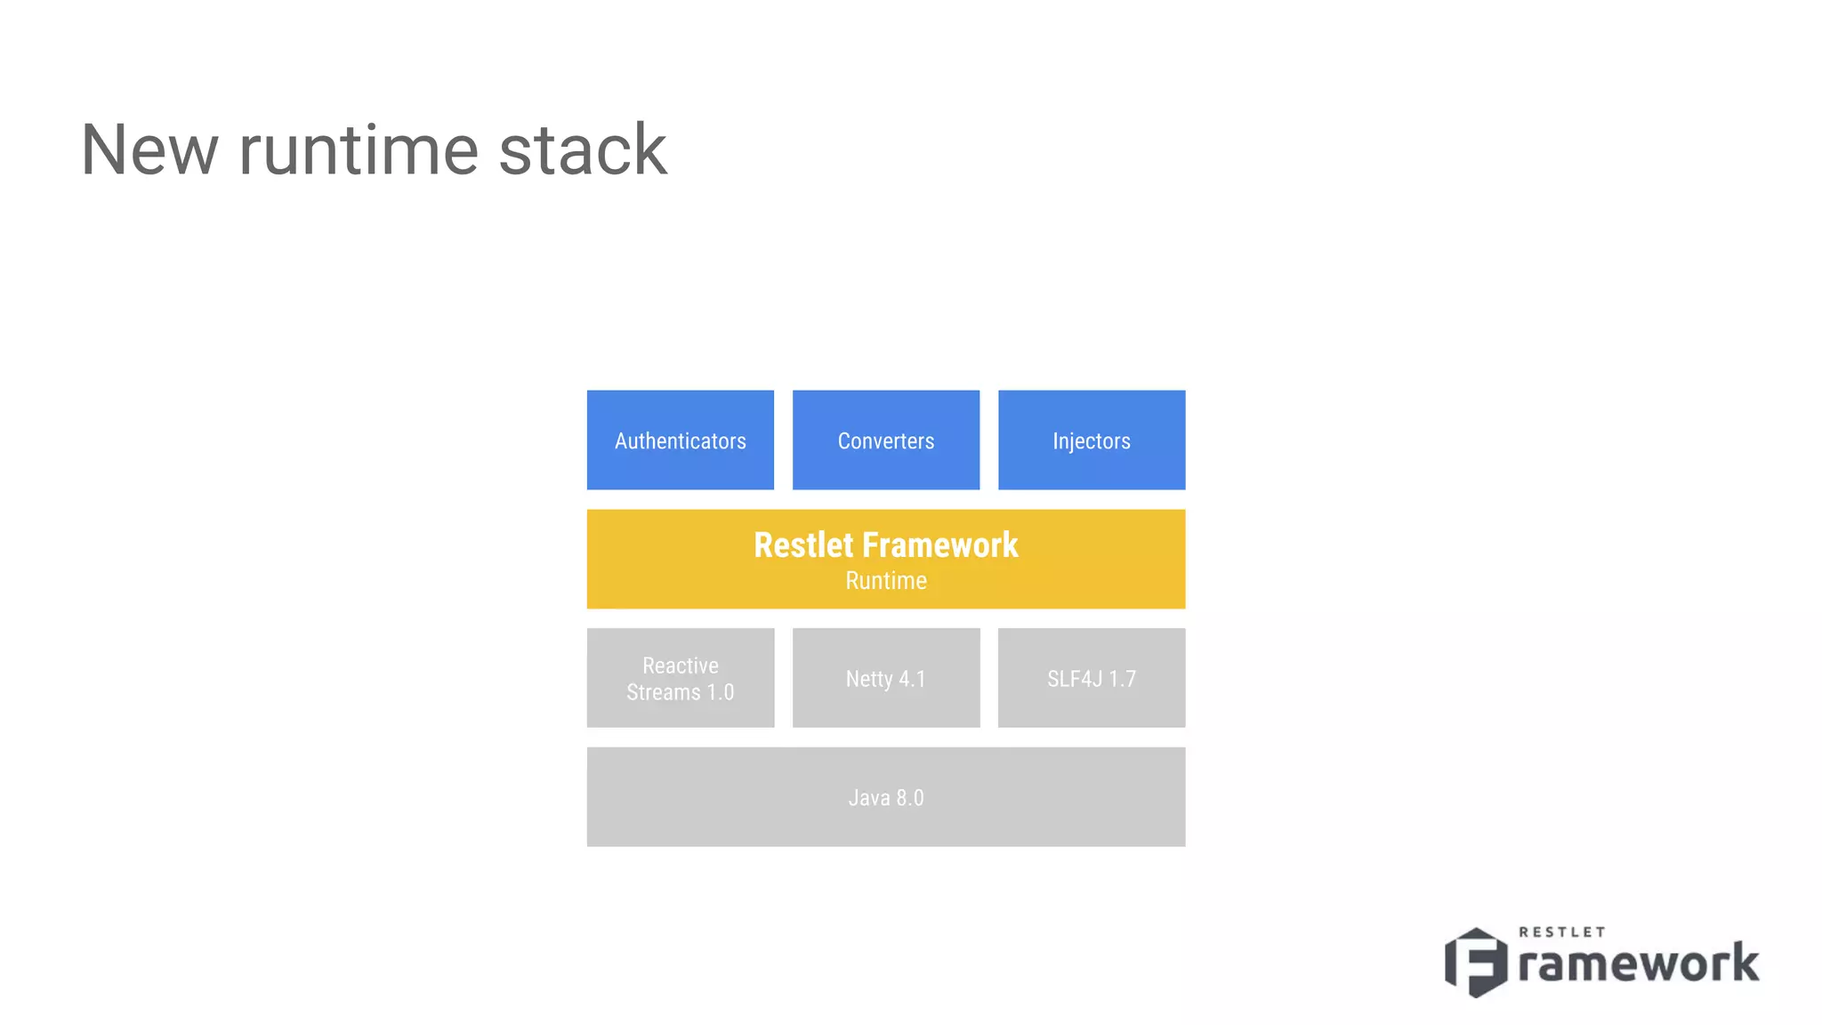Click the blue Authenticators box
tap(680, 440)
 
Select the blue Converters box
tap(885, 440)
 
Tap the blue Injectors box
tap(1091, 440)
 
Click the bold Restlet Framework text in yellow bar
tap(885, 545)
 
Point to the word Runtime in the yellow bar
tap(885, 581)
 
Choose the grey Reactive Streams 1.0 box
tap(680, 678)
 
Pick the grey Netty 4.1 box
tap(885, 678)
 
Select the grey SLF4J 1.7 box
tap(1091, 678)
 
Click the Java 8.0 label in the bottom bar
tap(885, 797)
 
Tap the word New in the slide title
tap(149, 149)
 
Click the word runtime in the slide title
tap(359, 149)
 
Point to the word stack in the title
tap(583, 149)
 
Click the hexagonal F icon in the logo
tap(1476, 962)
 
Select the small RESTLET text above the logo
tap(1561, 932)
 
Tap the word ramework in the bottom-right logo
tap(1638, 964)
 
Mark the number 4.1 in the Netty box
tap(912, 679)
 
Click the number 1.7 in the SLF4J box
tap(1122, 679)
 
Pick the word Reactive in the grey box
tap(680, 666)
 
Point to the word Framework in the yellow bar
tap(940, 545)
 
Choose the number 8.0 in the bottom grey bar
tap(909, 797)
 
